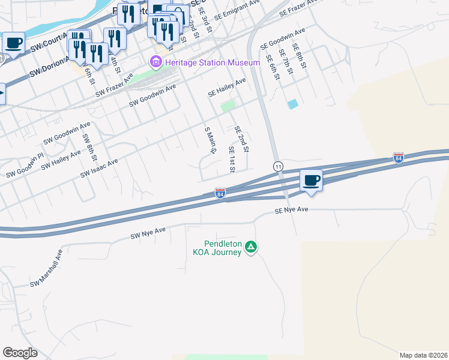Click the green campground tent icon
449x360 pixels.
pyautogui.click(x=252, y=247)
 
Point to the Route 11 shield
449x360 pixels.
pyautogui.click(x=278, y=166)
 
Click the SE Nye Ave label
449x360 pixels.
pyautogui.click(x=291, y=211)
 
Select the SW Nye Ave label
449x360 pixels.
pyautogui.click(x=148, y=233)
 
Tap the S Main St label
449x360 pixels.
pyautogui.click(x=209, y=141)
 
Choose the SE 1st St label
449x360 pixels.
pyautogui.click(x=231, y=158)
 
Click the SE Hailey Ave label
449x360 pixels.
pyautogui.click(x=227, y=88)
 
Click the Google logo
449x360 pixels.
pyautogui.click(x=20, y=353)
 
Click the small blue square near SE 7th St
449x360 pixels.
pyautogui.click(x=292, y=104)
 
